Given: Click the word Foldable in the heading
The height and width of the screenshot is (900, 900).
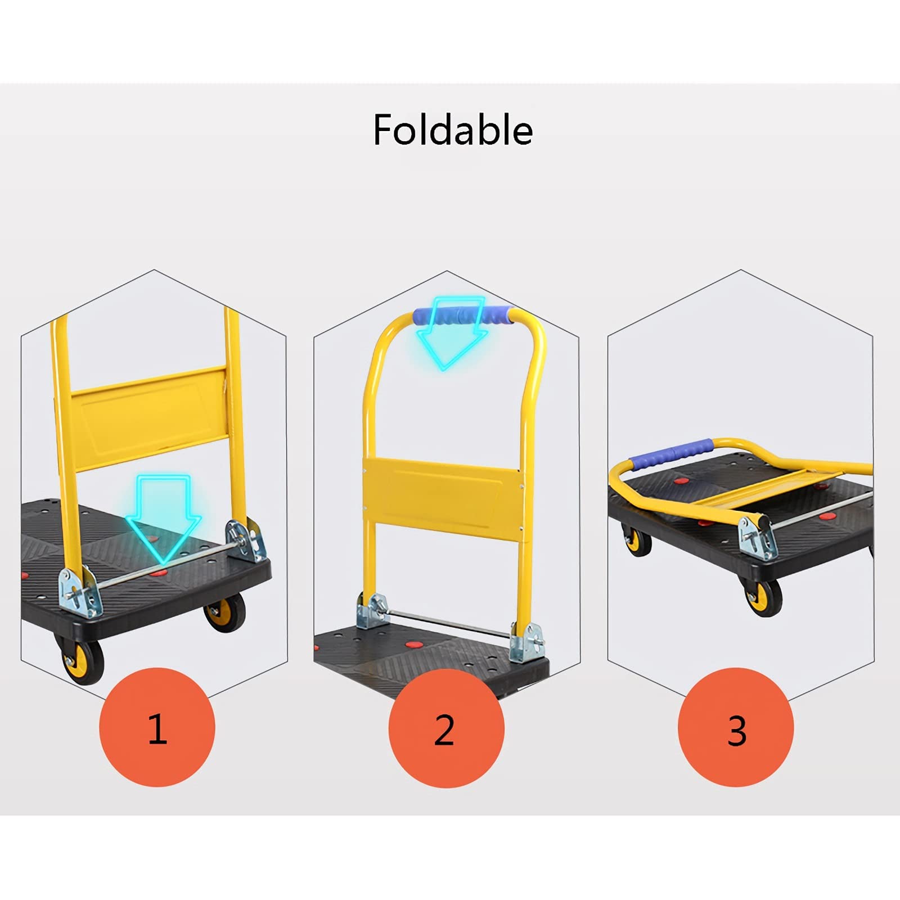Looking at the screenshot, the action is (453, 130).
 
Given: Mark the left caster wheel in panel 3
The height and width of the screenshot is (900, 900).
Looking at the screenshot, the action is (636, 540).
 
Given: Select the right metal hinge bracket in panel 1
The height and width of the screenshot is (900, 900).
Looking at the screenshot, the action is (246, 541).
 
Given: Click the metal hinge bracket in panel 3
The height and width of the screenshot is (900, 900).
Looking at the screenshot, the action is (757, 537).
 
